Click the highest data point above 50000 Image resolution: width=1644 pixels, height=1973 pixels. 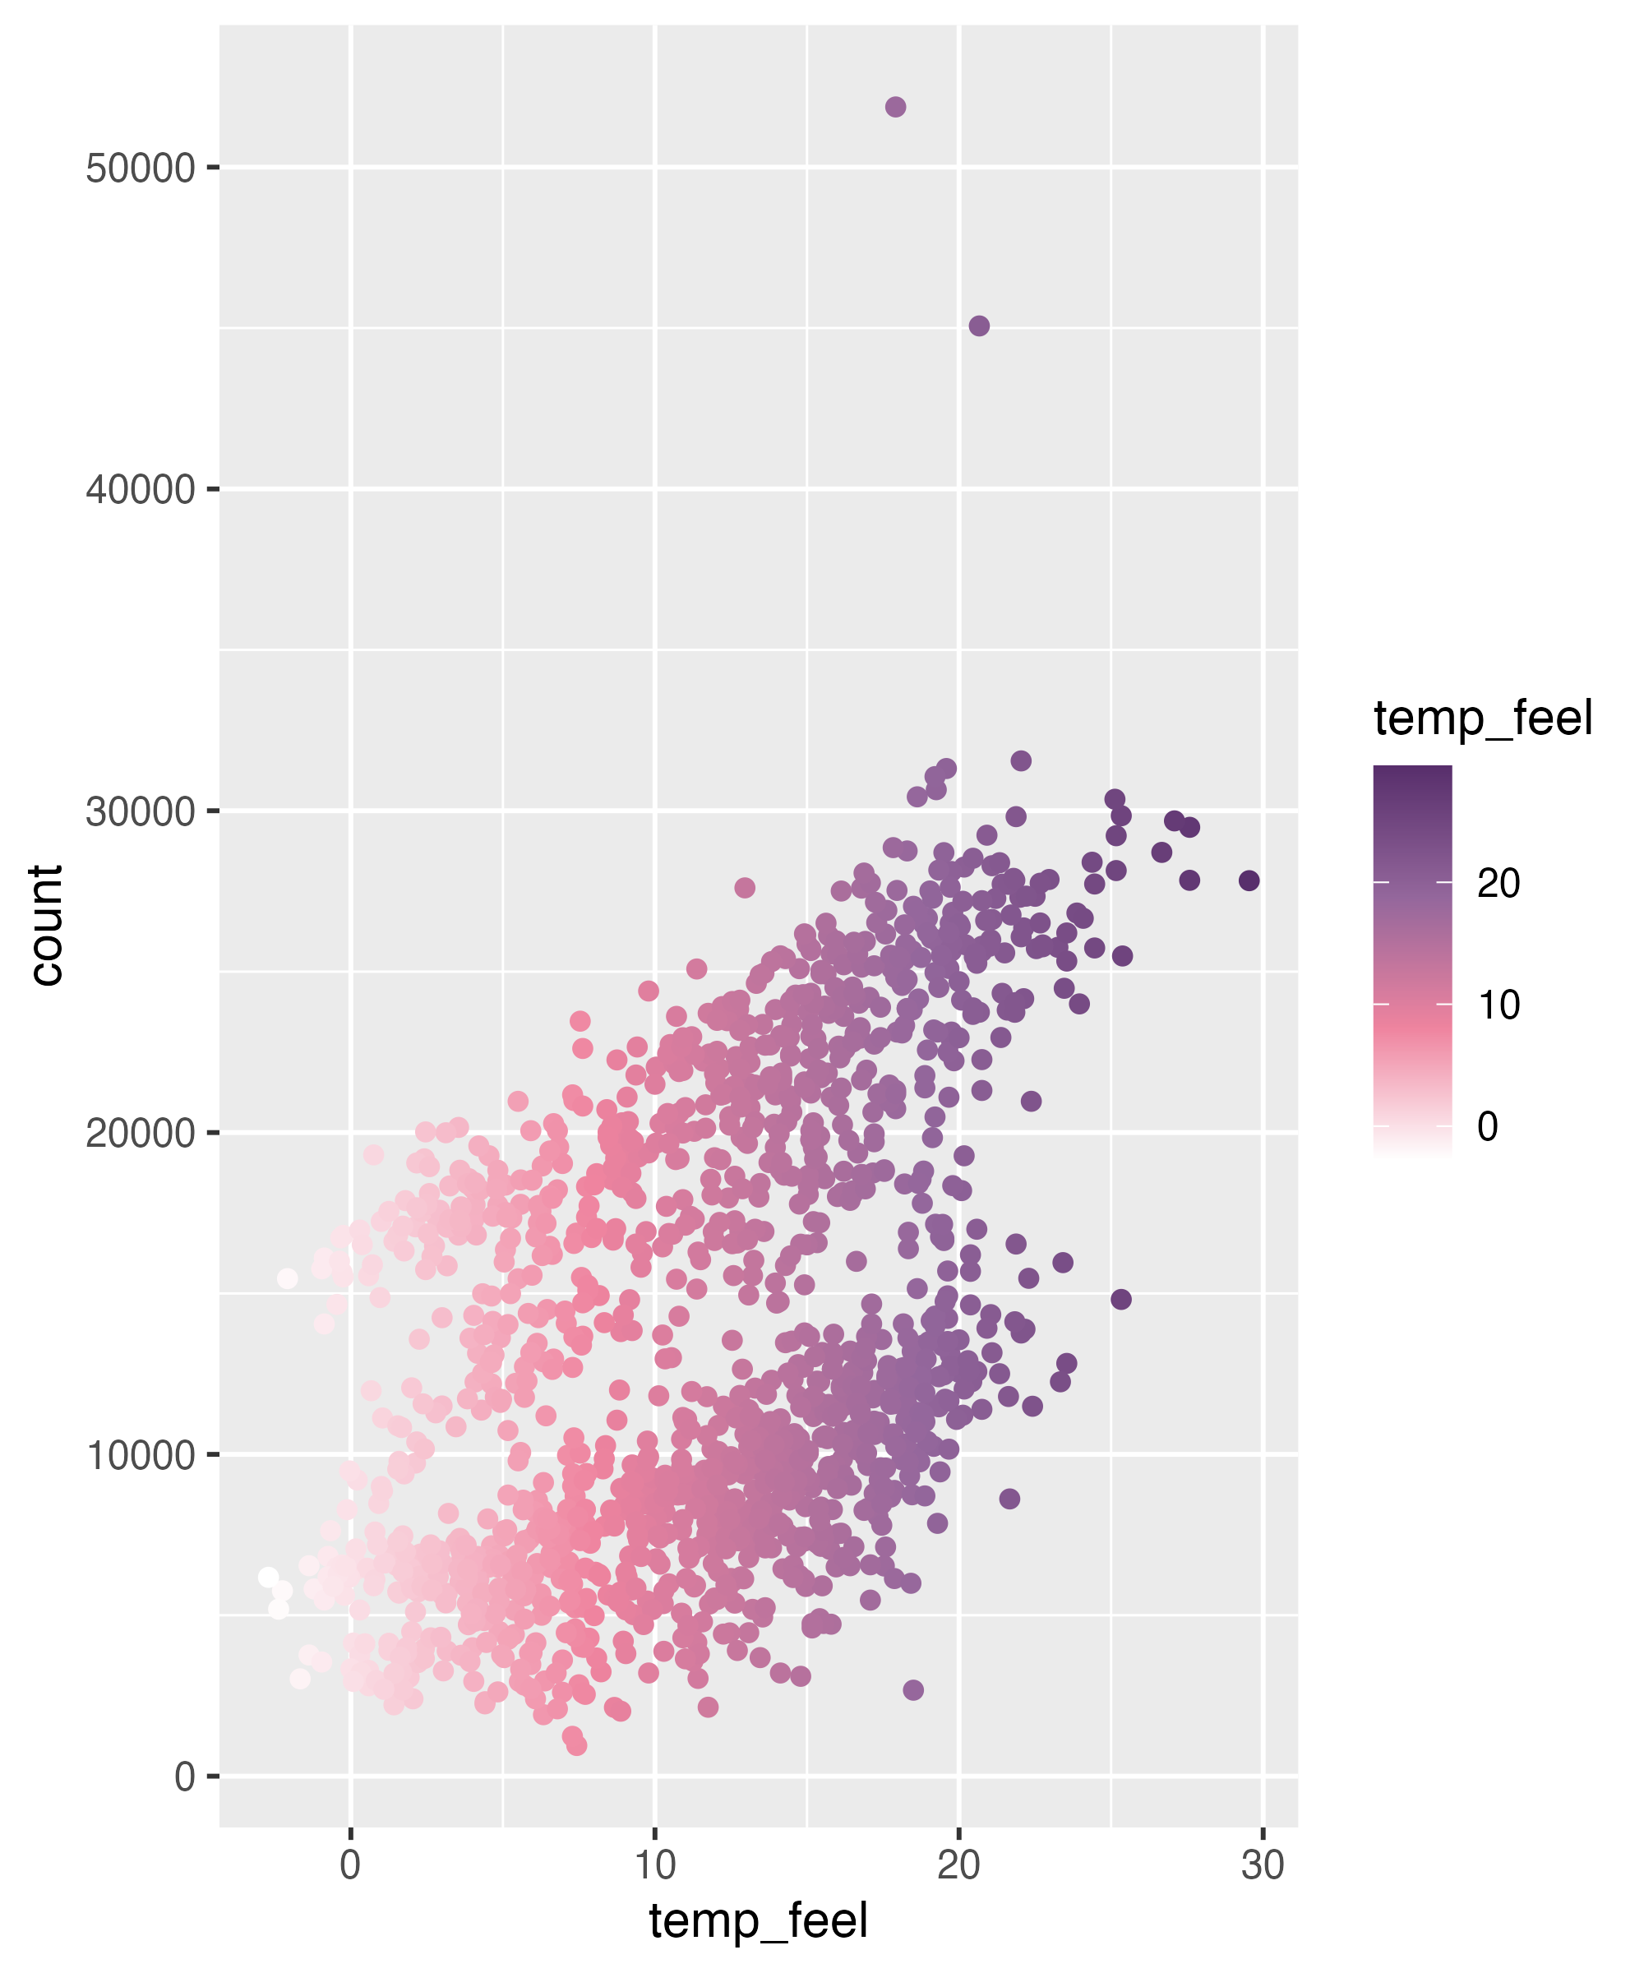tap(895, 107)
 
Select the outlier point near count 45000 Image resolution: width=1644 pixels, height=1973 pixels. tap(979, 326)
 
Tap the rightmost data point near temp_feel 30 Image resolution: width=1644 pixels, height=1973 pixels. tap(1249, 880)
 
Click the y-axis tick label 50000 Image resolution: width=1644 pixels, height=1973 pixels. tap(140, 169)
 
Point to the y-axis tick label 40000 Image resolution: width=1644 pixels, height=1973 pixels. tap(140, 491)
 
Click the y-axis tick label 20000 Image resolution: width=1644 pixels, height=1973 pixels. tap(140, 1134)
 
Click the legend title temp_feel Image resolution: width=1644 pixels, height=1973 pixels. tap(1482, 719)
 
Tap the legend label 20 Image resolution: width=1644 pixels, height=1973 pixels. tap(1499, 884)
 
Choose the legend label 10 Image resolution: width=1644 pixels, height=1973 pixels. tap(1499, 1005)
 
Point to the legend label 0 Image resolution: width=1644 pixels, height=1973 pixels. tap(1487, 1126)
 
